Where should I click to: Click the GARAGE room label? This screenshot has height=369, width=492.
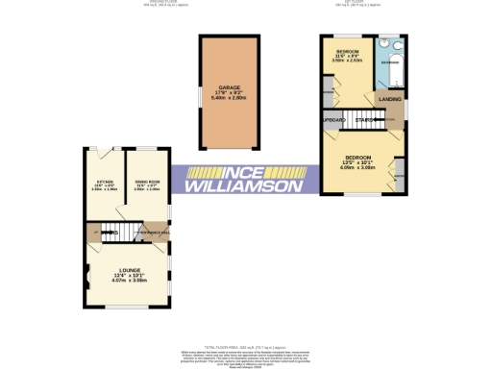tap(229, 86)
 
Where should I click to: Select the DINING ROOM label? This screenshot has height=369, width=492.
tap(146, 180)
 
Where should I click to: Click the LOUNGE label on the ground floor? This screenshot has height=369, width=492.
tap(129, 270)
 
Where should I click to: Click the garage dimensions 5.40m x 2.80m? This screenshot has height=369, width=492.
tap(229, 98)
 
